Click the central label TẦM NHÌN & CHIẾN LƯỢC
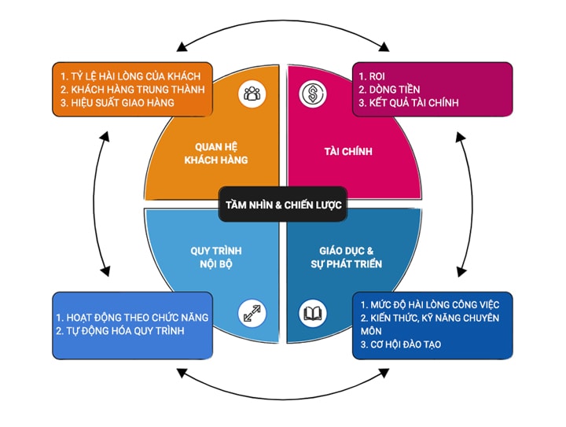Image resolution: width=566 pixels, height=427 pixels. [282, 207]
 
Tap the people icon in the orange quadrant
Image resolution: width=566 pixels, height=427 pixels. [252, 94]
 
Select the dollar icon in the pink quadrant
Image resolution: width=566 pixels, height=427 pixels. [311, 94]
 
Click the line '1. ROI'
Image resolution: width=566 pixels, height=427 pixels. [371, 76]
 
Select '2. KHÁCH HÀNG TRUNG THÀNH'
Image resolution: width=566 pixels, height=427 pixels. [131, 90]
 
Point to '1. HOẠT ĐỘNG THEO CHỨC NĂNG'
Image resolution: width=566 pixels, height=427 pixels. [131, 318]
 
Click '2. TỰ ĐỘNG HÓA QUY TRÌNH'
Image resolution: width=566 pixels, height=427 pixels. [119, 331]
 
